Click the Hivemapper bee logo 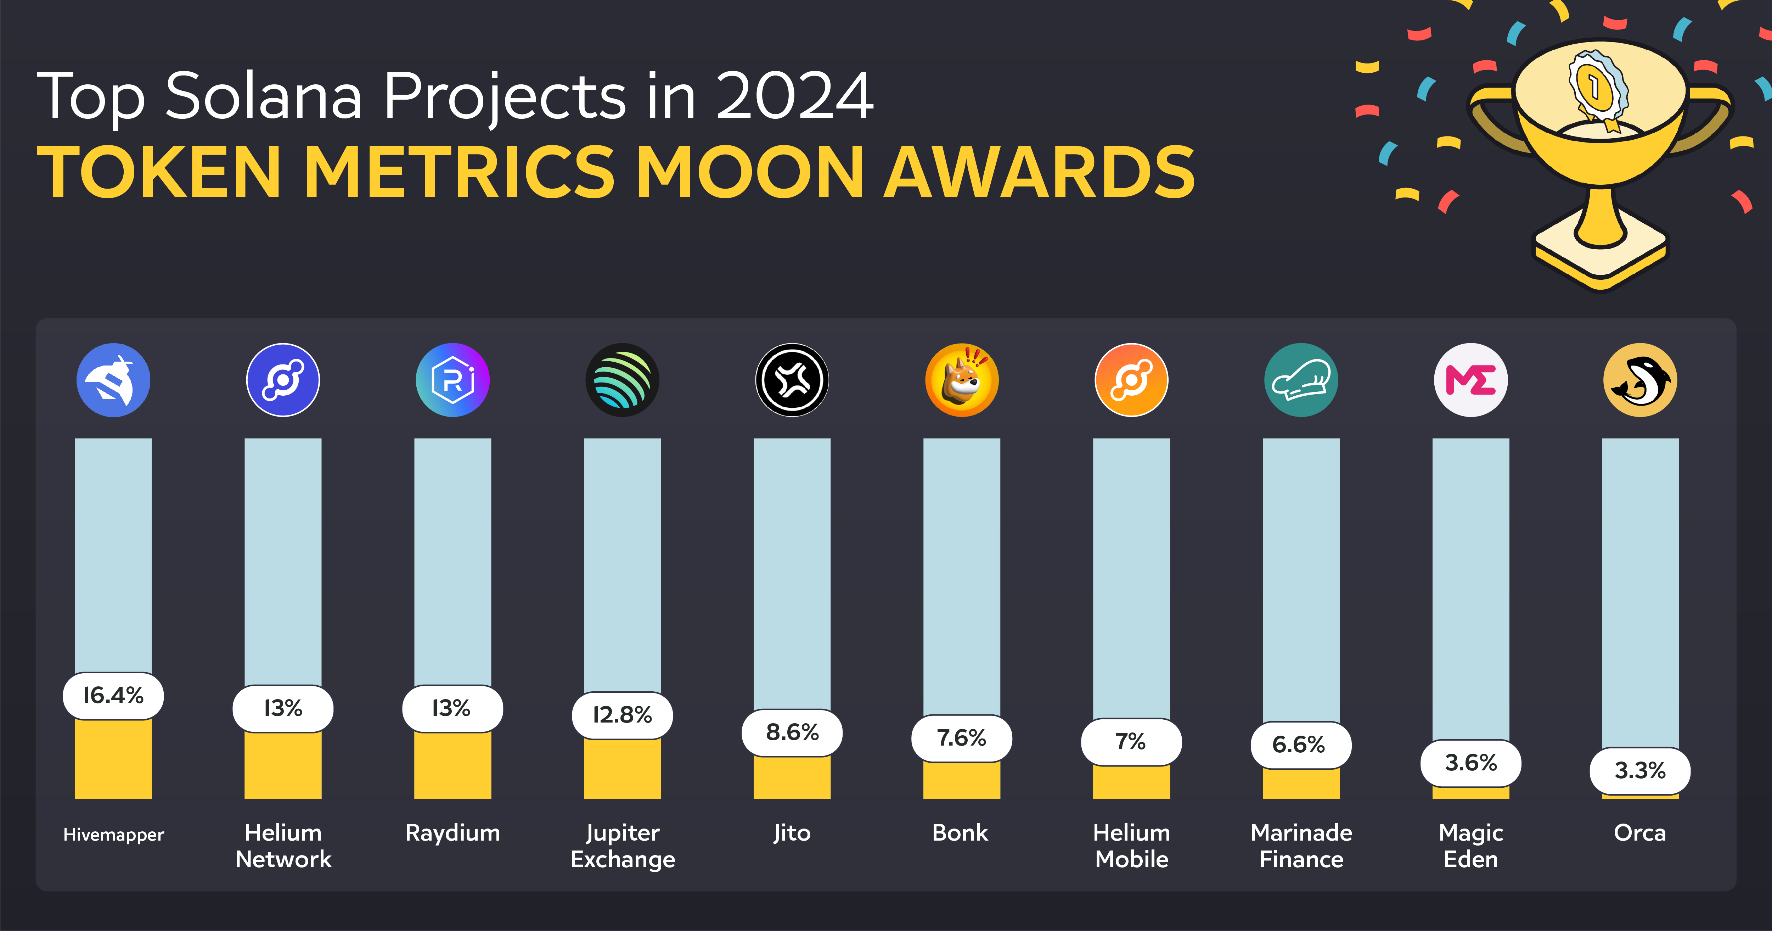coord(113,380)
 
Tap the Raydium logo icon coord(452,380)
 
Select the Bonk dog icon coord(962,380)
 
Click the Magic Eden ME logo coord(1471,380)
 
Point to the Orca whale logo coord(1640,380)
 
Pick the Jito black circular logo coord(792,380)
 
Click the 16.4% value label coord(113,696)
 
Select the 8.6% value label coord(792,732)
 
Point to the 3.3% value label coord(1640,771)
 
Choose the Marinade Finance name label coord(1301,846)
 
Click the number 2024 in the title coord(794,96)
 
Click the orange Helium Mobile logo coord(1131,380)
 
